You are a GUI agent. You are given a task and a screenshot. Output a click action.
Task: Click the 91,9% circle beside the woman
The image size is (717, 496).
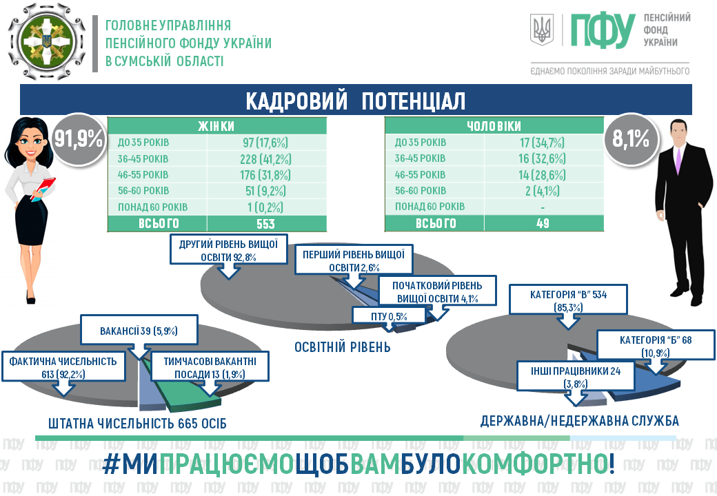[x=79, y=140]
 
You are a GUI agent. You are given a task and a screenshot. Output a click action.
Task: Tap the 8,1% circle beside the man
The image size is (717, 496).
[x=630, y=140]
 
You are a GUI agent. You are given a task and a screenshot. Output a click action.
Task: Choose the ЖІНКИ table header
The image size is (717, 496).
[x=216, y=126]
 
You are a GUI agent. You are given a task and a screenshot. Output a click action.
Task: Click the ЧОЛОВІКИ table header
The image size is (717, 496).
[x=492, y=126]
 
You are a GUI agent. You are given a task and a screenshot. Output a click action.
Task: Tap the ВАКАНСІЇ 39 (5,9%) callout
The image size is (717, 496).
[x=139, y=330]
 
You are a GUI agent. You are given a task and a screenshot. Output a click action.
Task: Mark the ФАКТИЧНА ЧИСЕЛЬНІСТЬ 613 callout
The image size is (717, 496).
[x=64, y=367]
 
